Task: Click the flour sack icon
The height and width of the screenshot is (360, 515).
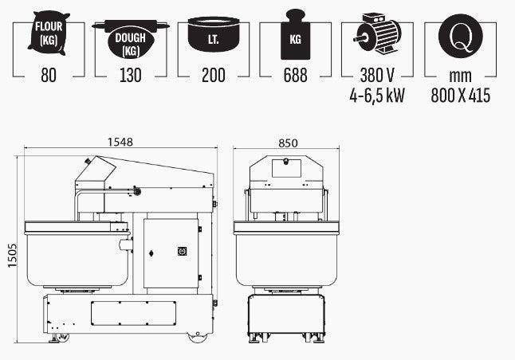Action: click(49, 33)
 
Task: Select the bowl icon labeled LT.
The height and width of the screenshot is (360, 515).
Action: click(214, 34)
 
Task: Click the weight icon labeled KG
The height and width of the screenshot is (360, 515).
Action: click(295, 34)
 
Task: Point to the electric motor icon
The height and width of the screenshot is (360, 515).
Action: click(377, 33)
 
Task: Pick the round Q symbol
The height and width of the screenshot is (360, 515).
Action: click(461, 36)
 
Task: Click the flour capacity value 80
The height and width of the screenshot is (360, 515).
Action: click(49, 75)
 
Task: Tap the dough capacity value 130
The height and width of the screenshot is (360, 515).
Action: click(131, 75)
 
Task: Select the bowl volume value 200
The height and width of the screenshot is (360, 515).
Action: click(214, 75)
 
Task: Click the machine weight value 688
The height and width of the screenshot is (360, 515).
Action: click(295, 75)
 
